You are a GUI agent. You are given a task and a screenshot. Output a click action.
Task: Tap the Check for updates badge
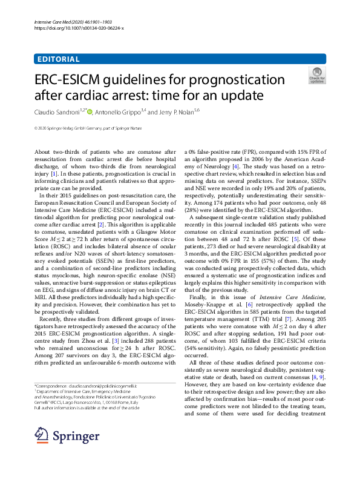(x=316, y=75)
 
